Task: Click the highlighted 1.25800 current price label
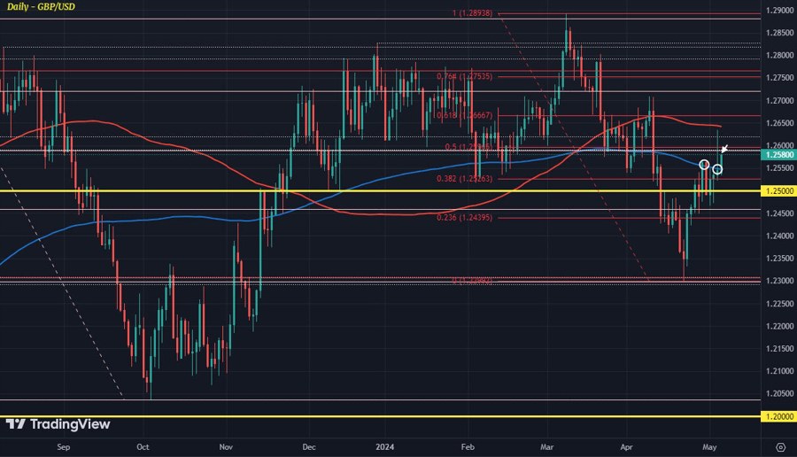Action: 778,154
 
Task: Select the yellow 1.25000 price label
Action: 778,190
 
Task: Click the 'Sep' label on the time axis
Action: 63,448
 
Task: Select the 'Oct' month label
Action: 143,448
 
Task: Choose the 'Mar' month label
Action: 547,448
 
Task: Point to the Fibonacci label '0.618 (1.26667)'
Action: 464,115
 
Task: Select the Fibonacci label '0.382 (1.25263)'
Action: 466,179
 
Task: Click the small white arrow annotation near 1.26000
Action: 724,148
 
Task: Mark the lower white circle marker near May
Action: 717,169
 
